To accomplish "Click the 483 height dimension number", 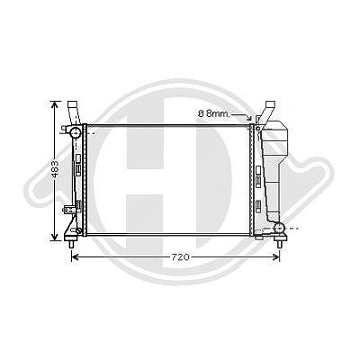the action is click(x=54, y=169).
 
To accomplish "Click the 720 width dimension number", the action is click(x=181, y=257).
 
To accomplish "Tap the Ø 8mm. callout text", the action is click(x=214, y=113).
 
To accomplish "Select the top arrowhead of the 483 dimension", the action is click(x=54, y=105).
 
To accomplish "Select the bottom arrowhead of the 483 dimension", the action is click(x=54, y=237).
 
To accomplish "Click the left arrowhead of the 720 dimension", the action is click(x=75, y=257).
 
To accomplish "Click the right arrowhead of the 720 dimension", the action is click(x=275, y=257).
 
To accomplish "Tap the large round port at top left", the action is click(x=75, y=132).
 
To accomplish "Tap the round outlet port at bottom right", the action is click(x=279, y=229).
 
